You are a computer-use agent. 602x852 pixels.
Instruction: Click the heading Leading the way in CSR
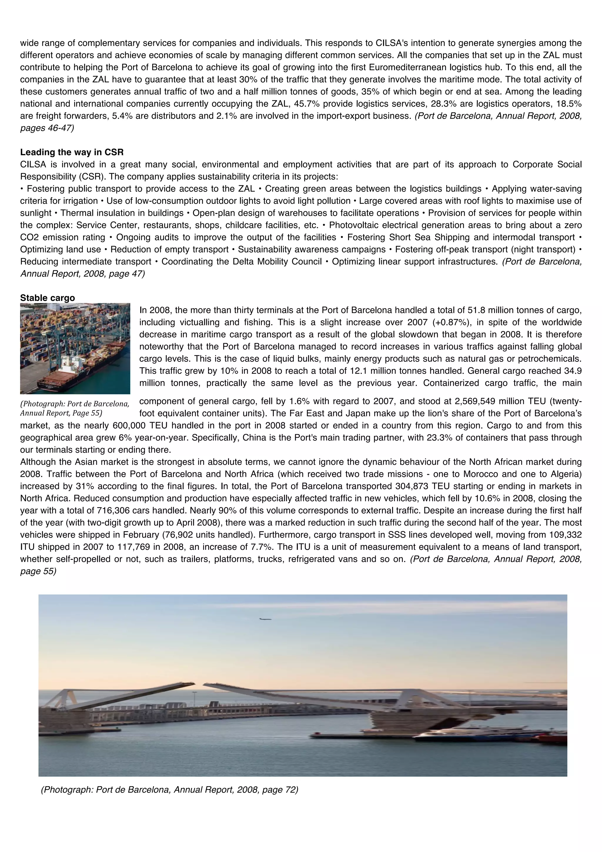click(x=72, y=152)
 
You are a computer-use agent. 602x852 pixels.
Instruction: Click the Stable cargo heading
click(x=48, y=298)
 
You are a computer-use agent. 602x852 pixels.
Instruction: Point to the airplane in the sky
click(x=265, y=619)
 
